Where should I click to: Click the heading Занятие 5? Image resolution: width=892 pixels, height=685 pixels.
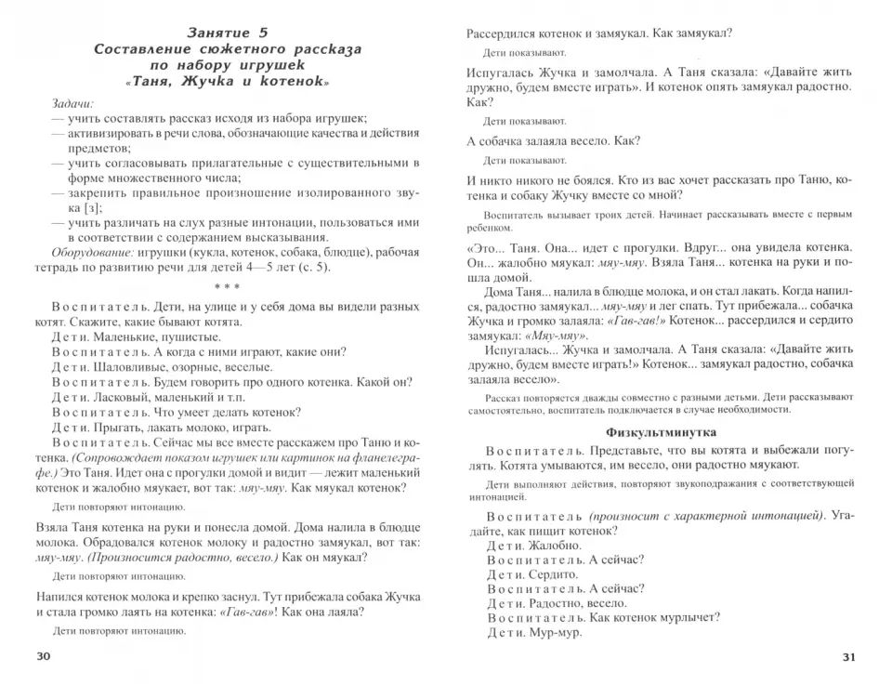tap(227, 33)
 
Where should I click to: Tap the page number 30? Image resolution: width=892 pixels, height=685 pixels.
tap(44, 657)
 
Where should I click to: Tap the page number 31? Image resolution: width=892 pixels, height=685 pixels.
tap(846, 657)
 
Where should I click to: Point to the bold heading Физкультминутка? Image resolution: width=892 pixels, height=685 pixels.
tap(660, 432)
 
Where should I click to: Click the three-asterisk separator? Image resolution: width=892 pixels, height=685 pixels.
tap(227, 287)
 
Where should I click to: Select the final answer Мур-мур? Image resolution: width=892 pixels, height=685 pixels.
tap(556, 633)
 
